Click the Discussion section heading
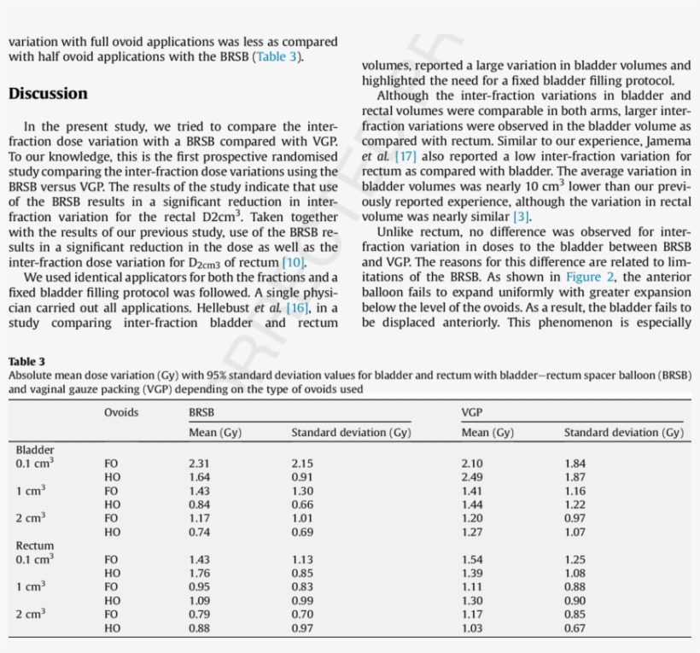[x=48, y=94]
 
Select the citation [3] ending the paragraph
[x=520, y=216]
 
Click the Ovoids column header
[x=121, y=412]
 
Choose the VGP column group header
[x=472, y=412]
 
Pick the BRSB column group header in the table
[x=201, y=412]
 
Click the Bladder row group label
[x=35, y=449]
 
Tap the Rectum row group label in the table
[x=35, y=545]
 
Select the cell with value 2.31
[x=198, y=464]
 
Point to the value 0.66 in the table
[x=302, y=504]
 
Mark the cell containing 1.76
[x=198, y=573]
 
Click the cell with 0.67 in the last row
[x=575, y=628]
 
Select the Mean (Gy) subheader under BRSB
[x=214, y=433]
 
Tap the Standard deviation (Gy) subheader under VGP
[x=624, y=433]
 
